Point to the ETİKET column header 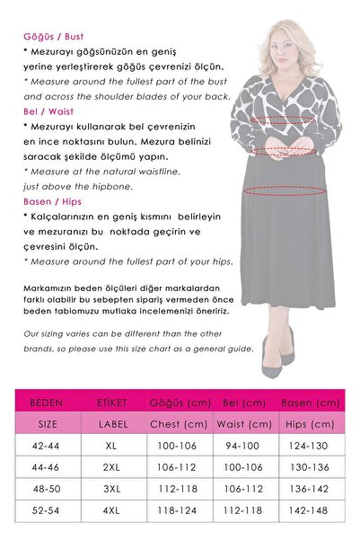[x=111, y=403]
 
